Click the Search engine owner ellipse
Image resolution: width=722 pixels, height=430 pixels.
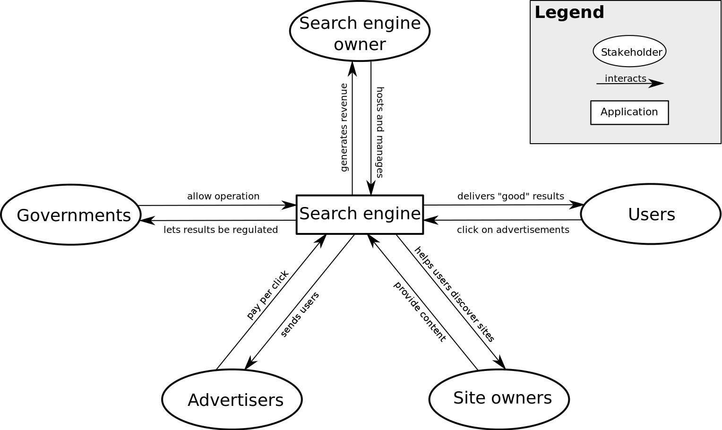(360, 31)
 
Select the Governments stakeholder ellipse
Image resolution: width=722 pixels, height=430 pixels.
(71, 215)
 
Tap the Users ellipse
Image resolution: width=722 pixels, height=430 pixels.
(651, 214)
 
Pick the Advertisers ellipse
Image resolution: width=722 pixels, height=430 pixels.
(232, 399)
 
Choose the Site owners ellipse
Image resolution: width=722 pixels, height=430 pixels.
(499, 399)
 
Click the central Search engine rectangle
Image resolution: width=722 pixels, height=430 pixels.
(360, 215)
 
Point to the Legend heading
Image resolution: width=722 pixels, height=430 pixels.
(569, 12)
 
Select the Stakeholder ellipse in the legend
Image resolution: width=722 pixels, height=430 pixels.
(629, 51)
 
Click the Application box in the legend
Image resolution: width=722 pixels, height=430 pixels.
(629, 112)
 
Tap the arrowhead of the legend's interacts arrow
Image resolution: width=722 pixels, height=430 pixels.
(657, 84)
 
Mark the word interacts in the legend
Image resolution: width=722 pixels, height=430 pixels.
(625, 78)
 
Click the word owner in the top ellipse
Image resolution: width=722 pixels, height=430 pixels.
(360, 44)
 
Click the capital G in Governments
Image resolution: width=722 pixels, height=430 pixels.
(24, 215)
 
